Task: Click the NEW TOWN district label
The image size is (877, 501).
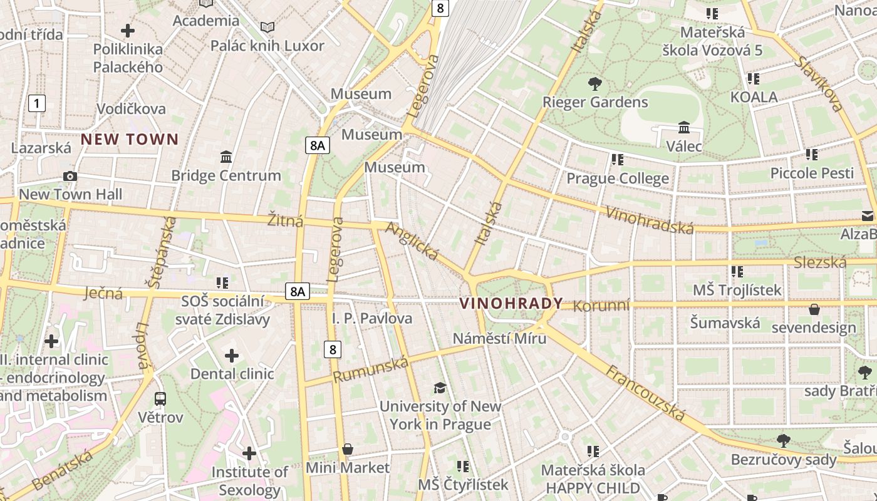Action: coord(130,139)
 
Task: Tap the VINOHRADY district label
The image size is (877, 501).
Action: coord(511,304)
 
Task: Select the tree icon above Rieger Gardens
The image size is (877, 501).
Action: coord(594,83)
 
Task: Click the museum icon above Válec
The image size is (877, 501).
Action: coord(683,127)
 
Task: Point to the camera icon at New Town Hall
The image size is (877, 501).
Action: coord(70,176)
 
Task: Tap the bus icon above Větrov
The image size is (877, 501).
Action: coord(160,398)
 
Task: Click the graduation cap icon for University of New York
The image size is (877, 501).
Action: coord(440,388)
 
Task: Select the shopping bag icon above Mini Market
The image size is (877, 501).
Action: coord(348,449)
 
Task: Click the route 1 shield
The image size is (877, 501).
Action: coord(37,103)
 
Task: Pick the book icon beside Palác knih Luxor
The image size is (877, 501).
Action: coord(267,27)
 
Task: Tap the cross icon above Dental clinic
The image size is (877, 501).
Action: coord(232,356)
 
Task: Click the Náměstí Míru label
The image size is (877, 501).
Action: coord(499,338)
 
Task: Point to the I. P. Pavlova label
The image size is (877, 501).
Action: coord(372,318)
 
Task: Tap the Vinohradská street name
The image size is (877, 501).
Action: coord(649,219)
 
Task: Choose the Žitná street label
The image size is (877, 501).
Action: coord(285,220)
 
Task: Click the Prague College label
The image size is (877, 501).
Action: coord(618,178)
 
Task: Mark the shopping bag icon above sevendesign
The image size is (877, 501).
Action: coord(814,309)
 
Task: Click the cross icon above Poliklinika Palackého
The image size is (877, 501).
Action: coord(128,30)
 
